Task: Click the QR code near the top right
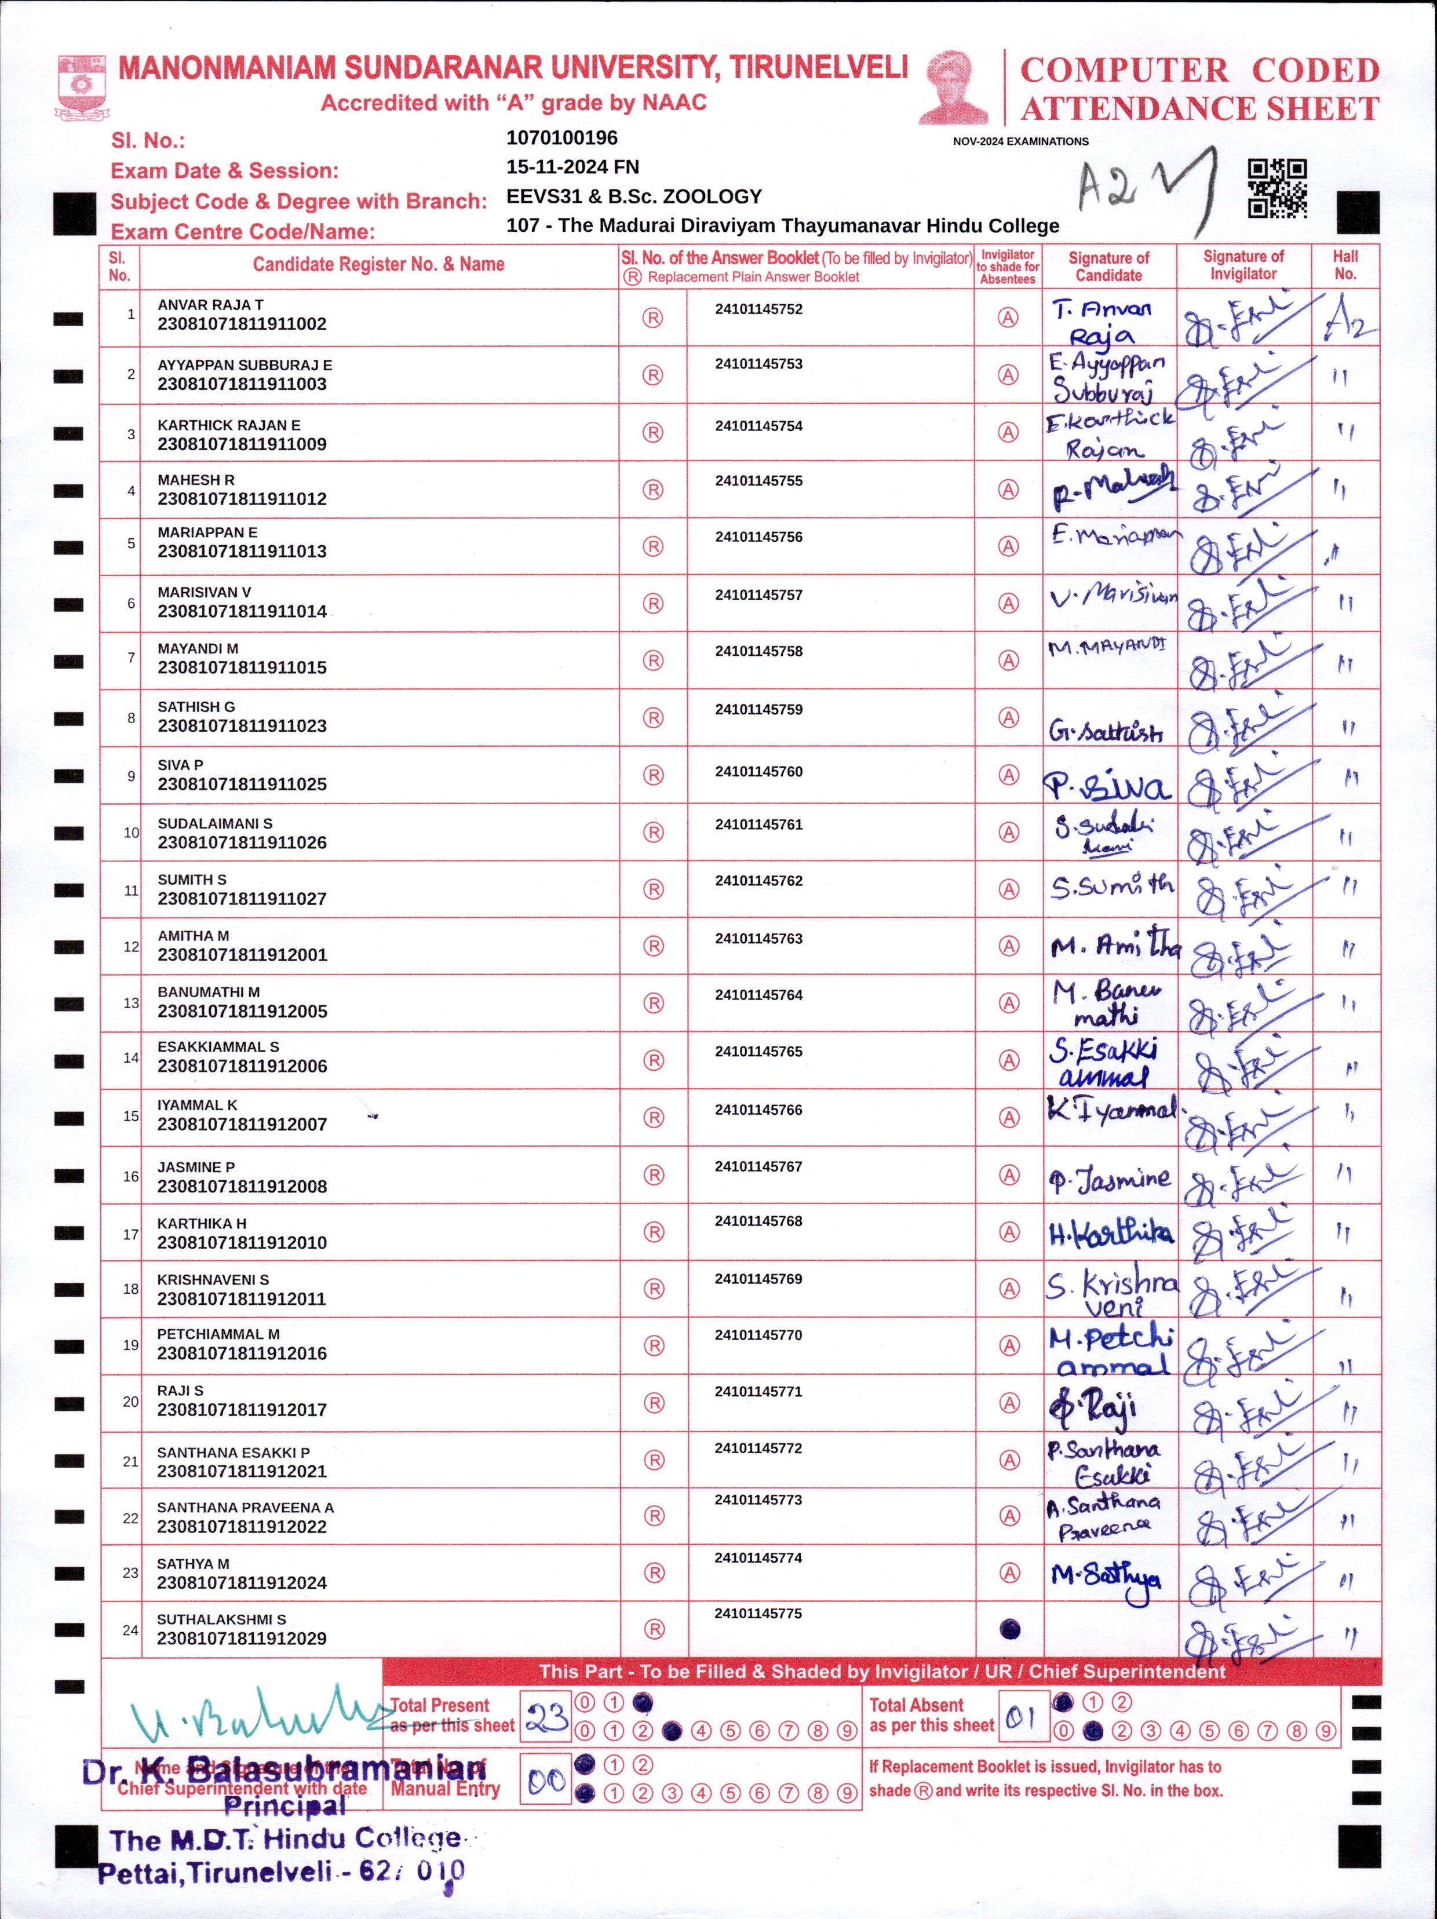tap(1276, 188)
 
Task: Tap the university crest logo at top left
tap(82, 85)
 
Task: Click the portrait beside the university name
tap(954, 87)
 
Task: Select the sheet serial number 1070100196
tap(561, 138)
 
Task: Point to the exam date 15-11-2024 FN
tap(572, 166)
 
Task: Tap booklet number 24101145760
tap(758, 771)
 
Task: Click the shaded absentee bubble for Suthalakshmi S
tap(1009, 1629)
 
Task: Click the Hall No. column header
tap(1345, 265)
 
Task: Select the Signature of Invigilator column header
tap(1243, 265)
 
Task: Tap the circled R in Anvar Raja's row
tap(652, 318)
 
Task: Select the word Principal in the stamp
tap(285, 1805)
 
